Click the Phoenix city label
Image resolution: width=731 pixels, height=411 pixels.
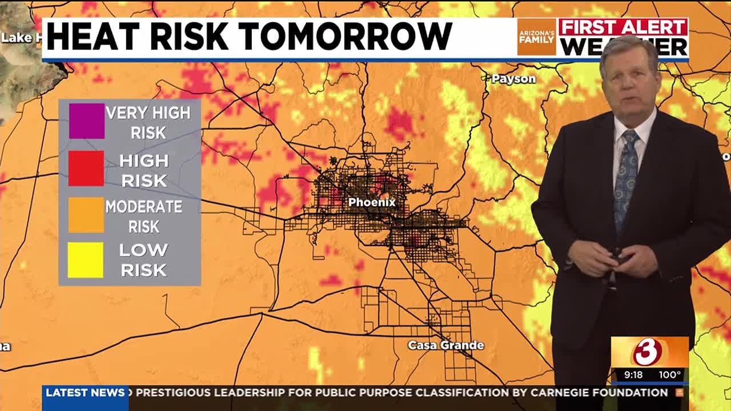pyautogui.click(x=372, y=202)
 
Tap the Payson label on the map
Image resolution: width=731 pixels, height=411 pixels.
pyautogui.click(x=513, y=79)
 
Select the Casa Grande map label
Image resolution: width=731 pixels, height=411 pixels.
pyautogui.click(x=445, y=345)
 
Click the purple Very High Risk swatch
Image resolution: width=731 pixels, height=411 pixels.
pyautogui.click(x=87, y=121)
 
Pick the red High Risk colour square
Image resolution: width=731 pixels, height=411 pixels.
pyautogui.click(x=86, y=168)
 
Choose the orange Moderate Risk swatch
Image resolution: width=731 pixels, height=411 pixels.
pyautogui.click(x=86, y=215)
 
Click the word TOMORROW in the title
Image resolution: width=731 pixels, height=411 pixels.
pyautogui.click(x=346, y=37)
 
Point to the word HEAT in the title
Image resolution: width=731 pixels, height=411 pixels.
pyautogui.click(x=89, y=37)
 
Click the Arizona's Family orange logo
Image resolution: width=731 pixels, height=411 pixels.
pyautogui.click(x=536, y=37)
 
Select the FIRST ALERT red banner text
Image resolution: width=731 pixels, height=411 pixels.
pyautogui.click(x=622, y=27)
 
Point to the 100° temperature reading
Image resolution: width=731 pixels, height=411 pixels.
pyautogui.click(x=669, y=375)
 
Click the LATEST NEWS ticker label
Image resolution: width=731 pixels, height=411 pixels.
pyautogui.click(x=85, y=393)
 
